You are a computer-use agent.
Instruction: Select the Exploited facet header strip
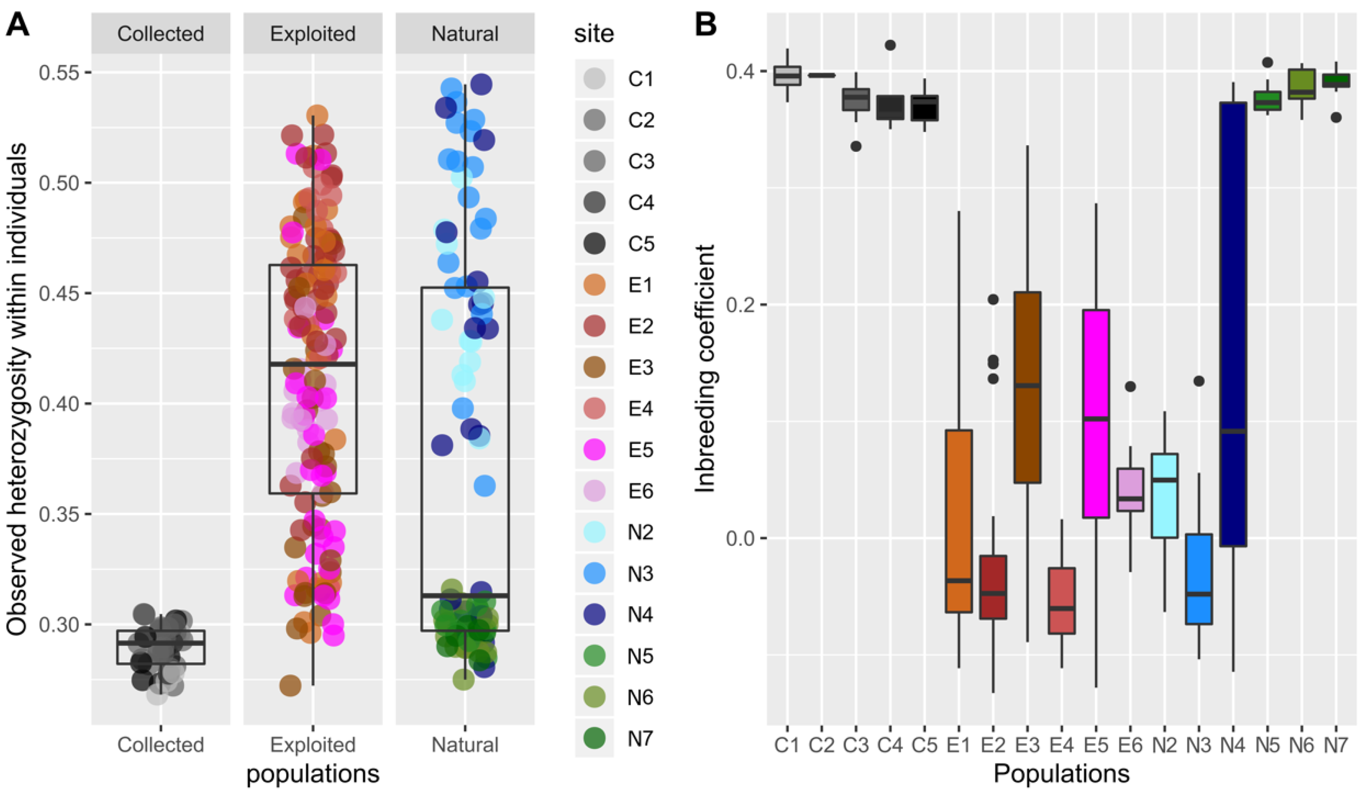coord(312,34)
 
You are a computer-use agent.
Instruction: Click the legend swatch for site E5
coord(594,450)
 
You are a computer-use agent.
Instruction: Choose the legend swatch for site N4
coord(594,614)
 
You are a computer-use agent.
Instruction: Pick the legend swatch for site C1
coord(594,79)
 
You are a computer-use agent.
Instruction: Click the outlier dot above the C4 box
coord(890,45)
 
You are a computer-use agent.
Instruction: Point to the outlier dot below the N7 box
coord(1336,118)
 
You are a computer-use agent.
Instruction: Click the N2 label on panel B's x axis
coord(1164,744)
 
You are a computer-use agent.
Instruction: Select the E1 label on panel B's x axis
coord(958,744)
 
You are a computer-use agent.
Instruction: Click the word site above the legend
coord(594,34)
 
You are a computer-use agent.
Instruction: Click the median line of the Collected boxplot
coord(160,642)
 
